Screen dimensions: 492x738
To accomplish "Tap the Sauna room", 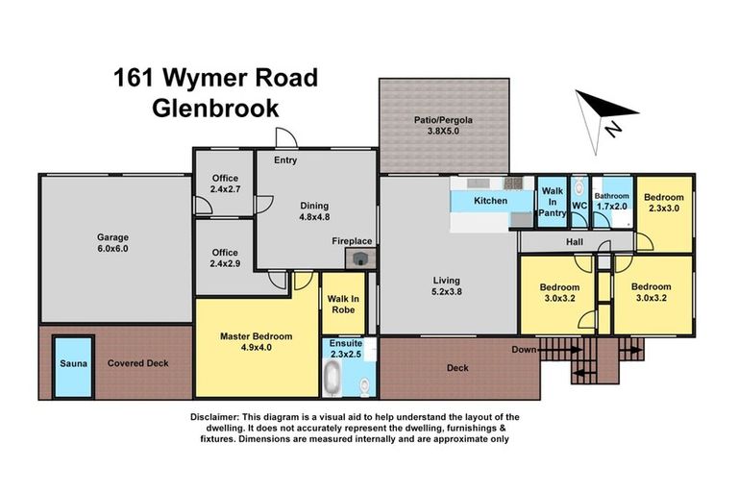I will [73, 364].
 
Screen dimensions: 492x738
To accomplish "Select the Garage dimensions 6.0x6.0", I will [111, 249].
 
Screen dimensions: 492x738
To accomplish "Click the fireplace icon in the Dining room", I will [361, 258].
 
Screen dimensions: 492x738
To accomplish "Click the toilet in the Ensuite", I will [364, 386].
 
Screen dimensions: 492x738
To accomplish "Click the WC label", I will [579, 206].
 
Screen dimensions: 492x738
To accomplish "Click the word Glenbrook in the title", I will [215, 107].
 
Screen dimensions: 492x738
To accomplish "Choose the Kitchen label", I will [490, 201].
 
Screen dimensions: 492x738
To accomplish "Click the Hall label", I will [575, 242].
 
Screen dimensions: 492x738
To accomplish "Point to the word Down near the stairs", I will [523, 349].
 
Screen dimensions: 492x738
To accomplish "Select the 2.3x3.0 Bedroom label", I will [663, 202].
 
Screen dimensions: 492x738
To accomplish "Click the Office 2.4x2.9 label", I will [225, 258].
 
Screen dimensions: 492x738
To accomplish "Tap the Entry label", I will [285, 160].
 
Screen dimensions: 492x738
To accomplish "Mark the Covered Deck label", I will [138, 364].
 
